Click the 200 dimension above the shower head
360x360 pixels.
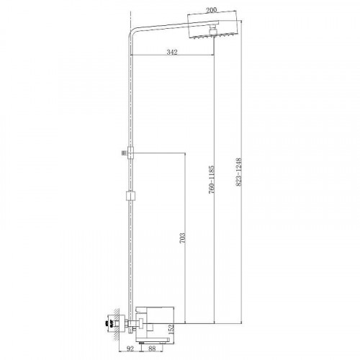click(x=211, y=10)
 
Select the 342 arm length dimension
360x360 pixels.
click(x=172, y=52)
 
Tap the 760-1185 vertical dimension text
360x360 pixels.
click(x=211, y=179)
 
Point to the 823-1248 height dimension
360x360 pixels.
click(x=238, y=171)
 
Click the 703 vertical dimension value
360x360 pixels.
click(x=182, y=238)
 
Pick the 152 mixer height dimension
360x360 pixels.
click(x=171, y=329)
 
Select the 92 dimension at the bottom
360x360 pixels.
click(x=130, y=348)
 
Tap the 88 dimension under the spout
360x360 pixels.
click(x=152, y=348)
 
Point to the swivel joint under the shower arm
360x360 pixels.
click(x=213, y=30)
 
